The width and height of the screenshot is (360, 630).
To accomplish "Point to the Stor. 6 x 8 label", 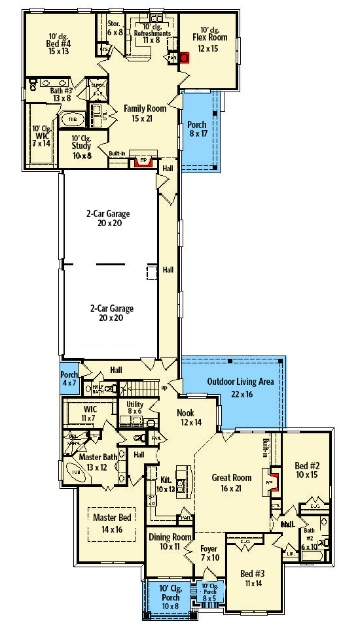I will tap(115, 27).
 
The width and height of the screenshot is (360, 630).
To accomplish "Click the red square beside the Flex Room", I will tap(185, 58).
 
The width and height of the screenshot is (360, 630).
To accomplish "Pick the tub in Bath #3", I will tap(69, 120).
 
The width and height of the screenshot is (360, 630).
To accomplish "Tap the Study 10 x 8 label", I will tap(82, 146).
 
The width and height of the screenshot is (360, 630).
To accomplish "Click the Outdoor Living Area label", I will tap(240, 387).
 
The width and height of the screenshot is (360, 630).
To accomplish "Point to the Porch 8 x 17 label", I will tap(197, 129).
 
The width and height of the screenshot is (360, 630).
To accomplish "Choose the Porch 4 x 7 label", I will tap(69, 380).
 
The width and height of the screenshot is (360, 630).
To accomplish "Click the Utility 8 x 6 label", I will tap(135, 409).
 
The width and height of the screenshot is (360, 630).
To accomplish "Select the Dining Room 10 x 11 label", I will tap(164, 541).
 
